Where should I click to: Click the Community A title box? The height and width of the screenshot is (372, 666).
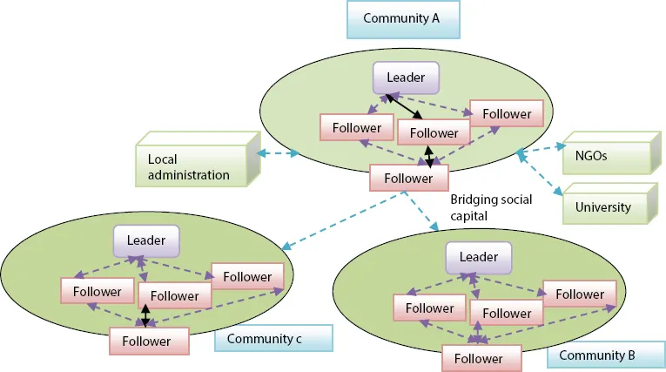[401, 18]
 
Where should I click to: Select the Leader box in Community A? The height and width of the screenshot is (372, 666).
[405, 78]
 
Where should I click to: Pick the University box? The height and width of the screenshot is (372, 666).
[603, 207]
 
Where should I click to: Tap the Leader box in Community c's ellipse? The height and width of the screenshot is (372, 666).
[146, 240]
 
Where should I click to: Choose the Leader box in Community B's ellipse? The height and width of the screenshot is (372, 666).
[478, 256]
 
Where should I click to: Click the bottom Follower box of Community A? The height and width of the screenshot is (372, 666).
[401, 179]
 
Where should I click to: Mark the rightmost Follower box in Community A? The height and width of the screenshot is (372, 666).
[506, 113]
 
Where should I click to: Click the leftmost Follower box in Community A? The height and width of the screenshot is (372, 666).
[356, 127]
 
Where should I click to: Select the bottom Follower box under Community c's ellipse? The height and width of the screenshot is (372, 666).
[146, 341]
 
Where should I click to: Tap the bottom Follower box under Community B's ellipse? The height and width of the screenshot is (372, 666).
[478, 357]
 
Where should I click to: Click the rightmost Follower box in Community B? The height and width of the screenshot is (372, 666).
[579, 294]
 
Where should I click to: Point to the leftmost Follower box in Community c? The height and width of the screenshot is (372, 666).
[98, 290]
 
